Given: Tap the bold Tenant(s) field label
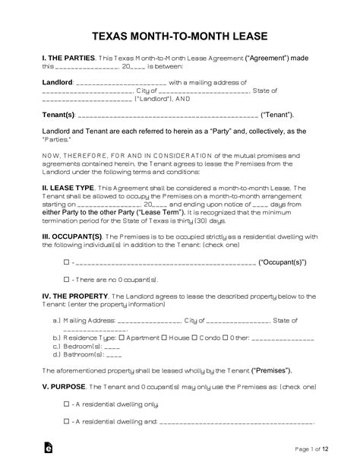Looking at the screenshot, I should [x=58, y=116].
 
